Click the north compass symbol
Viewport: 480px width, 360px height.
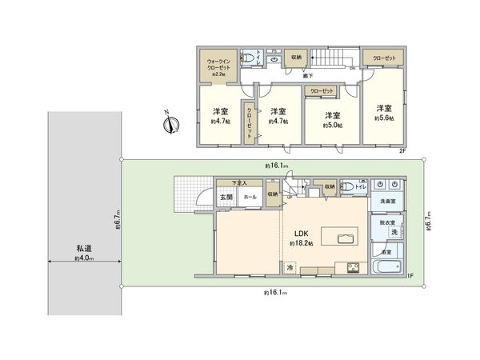tap(170, 124)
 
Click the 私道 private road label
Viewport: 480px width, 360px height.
tap(84, 249)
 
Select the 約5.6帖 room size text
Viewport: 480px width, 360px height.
tap(385, 118)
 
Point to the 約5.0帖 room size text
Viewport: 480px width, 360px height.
tap(331, 126)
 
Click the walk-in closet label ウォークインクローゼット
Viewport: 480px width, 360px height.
tap(218, 65)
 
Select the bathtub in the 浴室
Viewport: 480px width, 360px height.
tap(389, 267)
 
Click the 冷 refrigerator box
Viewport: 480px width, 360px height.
tap(289, 267)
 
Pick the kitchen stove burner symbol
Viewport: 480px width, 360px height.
tap(351, 267)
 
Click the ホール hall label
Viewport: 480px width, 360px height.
tap(250, 197)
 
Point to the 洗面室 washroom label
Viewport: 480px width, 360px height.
tap(388, 201)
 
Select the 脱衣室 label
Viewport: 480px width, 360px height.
tap(387, 223)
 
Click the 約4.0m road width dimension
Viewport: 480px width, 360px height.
tap(84, 259)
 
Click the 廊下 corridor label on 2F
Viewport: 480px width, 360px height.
tap(308, 75)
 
